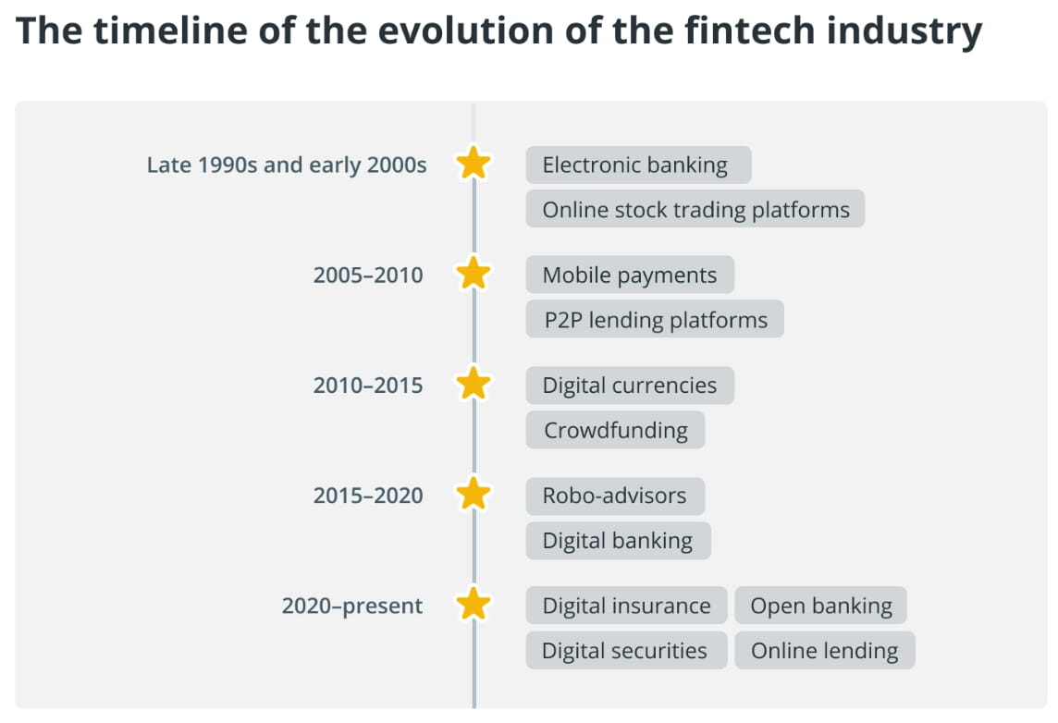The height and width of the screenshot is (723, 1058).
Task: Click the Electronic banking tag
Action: [x=638, y=165]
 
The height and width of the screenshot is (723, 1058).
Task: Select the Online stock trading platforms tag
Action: [x=695, y=210]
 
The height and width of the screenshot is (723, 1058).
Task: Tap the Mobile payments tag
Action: [x=630, y=276]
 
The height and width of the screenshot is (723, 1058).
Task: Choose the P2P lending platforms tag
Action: [x=655, y=320]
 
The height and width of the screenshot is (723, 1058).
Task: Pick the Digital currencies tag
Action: [x=630, y=386]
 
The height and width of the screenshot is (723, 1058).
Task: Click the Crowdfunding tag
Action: [x=615, y=430]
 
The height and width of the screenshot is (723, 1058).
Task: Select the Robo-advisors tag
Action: [x=615, y=496]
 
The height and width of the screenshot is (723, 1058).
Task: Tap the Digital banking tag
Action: [x=618, y=540]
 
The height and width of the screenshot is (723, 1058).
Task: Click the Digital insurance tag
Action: [x=626, y=607]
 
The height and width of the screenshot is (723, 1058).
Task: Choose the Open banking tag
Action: [x=821, y=607]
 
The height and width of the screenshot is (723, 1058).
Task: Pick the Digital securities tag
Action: [x=625, y=651]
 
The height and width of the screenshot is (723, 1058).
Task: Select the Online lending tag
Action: [x=824, y=651]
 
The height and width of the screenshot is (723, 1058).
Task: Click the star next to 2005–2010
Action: [x=474, y=275]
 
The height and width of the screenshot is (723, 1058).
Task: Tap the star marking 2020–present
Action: [x=474, y=606]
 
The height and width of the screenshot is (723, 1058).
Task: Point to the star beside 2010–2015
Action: [x=474, y=385]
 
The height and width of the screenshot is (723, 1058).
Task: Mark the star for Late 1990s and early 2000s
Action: [x=474, y=165]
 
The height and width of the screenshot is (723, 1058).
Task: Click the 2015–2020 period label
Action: [x=368, y=496]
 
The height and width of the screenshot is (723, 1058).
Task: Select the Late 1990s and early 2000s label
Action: [x=287, y=165]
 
